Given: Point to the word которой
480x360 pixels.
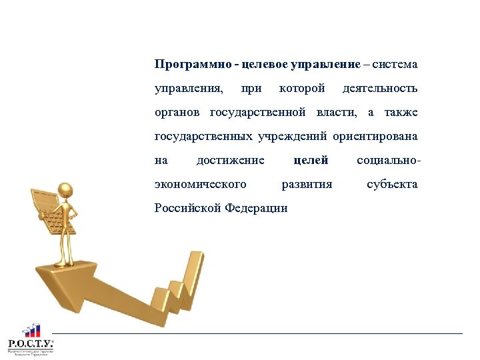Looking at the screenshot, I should coord(302,89).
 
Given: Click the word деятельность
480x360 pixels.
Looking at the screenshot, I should coord(379,89).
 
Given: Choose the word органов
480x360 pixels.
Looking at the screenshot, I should coord(179,113).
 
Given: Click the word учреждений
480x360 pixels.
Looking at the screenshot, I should coord(290,137).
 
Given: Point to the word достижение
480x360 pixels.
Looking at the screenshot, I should coord(231,160).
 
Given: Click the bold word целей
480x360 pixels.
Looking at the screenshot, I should coord(311,160).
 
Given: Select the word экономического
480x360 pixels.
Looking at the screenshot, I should coord(200,184).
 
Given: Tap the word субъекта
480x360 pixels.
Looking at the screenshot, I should coord(392,184).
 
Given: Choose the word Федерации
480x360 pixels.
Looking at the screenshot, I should coord(256,208).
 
